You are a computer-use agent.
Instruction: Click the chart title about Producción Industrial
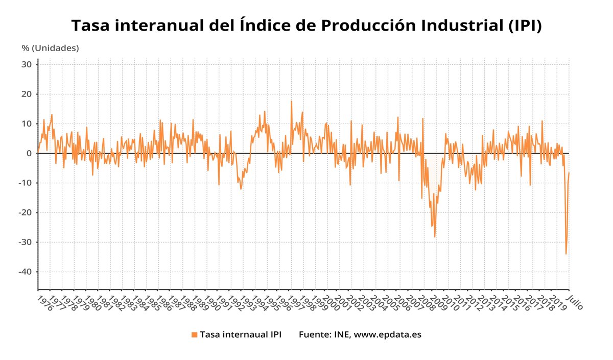pyautogui.click(x=306, y=26)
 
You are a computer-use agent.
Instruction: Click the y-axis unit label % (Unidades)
pyautogui.click(x=50, y=48)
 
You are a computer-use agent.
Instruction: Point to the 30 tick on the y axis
pyautogui.click(x=27, y=64)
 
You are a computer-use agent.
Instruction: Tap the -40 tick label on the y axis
pyautogui.click(x=25, y=272)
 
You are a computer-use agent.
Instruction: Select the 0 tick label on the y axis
pyautogui.click(x=29, y=153)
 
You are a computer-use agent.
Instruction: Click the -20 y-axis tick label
pyautogui.click(x=25, y=212)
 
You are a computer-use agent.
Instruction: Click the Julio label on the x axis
pyautogui.click(x=575, y=301)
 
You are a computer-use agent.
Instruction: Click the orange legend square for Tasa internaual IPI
pyautogui.click(x=194, y=335)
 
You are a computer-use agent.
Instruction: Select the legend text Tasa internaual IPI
pyautogui.click(x=240, y=335)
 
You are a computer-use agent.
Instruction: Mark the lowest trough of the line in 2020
pyautogui.click(x=565, y=254)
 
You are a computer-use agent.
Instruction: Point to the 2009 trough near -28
pyautogui.click(x=435, y=237)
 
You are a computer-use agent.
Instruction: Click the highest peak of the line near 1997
pyautogui.click(x=292, y=101)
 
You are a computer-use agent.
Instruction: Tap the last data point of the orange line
pyautogui.click(x=569, y=173)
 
